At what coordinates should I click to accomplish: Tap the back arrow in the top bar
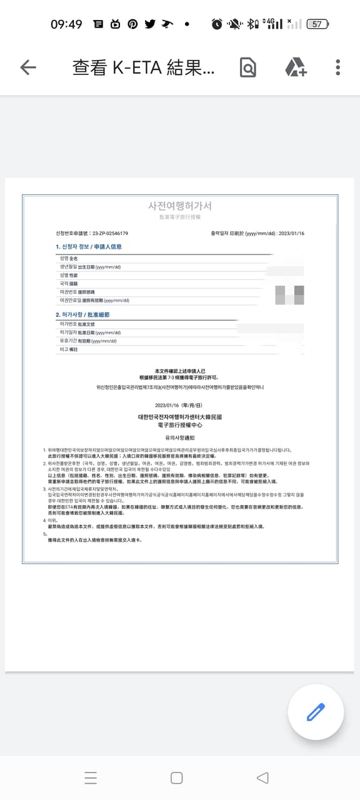(x=28, y=67)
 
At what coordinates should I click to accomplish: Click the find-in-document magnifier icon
(x=248, y=67)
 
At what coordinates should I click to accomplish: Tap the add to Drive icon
(x=295, y=67)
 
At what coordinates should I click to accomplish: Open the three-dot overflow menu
(x=337, y=67)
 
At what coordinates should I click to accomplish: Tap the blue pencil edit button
(x=316, y=712)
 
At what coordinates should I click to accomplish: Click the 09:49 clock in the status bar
(x=66, y=24)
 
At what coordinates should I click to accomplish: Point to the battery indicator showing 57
(x=317, y=24)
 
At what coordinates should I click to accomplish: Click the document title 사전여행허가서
(x=179, y=206)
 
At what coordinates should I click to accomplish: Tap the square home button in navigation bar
(x=177, y=777)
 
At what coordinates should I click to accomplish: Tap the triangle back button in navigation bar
(x=262, y=777)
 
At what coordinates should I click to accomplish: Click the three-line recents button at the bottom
(x=91, y=777)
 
